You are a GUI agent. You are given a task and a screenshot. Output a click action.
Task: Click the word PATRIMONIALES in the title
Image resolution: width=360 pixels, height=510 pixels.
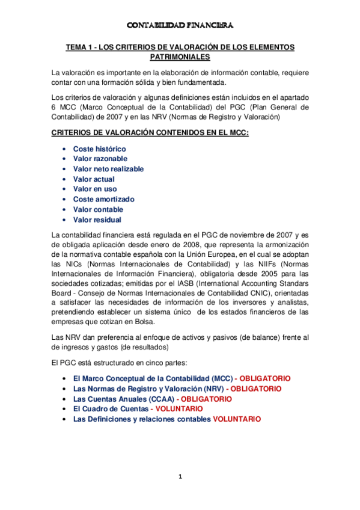[x=180, y=57]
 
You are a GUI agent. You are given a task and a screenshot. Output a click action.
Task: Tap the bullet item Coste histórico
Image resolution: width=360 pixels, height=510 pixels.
[x=99, y=149]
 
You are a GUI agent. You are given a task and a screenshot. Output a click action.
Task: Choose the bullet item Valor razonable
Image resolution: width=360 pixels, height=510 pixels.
[x=100, y=159]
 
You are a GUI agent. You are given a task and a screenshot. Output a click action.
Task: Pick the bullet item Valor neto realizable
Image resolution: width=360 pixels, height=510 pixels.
[x=108, y=169]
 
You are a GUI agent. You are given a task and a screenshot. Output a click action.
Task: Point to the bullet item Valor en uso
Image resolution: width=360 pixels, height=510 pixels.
[x=95, y=189]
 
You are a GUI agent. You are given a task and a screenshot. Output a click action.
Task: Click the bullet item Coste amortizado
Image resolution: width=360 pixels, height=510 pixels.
[x=103, y=199]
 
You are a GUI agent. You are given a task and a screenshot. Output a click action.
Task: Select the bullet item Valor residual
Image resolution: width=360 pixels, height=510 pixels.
[x=97, y=220]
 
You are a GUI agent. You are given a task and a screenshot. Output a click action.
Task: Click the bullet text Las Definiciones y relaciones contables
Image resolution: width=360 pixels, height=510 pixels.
[x=142, y=419]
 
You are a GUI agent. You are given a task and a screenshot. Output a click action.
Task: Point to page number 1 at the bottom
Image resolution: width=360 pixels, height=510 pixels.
[x=180, y=477]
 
